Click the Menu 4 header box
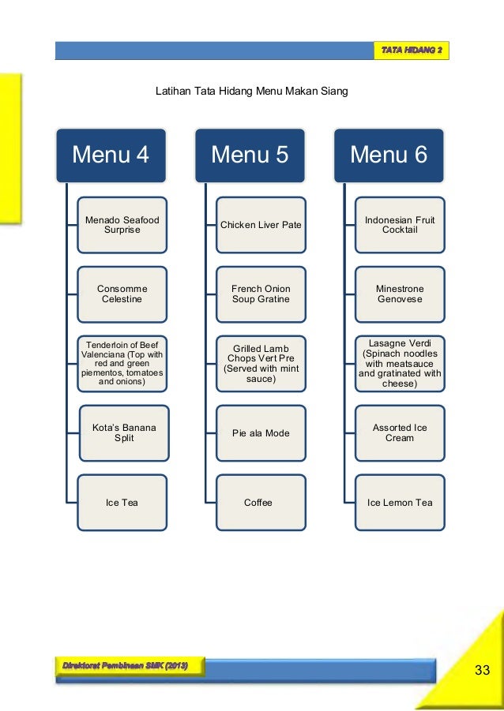coord(111,155)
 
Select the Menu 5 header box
coord(249,155)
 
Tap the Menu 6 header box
coord(388,155)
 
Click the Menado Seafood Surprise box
coord(122,225)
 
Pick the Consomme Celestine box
coord(122,294)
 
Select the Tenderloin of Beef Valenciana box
coord(122,364)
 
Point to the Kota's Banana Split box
coord(123,432)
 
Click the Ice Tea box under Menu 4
coord(122,502)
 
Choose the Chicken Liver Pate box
coord(261,225)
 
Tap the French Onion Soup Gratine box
coord(261,294)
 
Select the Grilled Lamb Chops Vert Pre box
coord(261,364)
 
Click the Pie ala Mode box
coord(261,433)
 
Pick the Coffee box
coord(261,502)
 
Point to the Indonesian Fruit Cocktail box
coord(400,225)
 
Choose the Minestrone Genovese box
coord(400,294)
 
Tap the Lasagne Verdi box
coord(400,364)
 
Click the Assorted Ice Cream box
coord(400,432)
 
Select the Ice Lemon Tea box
coord(400,502)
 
